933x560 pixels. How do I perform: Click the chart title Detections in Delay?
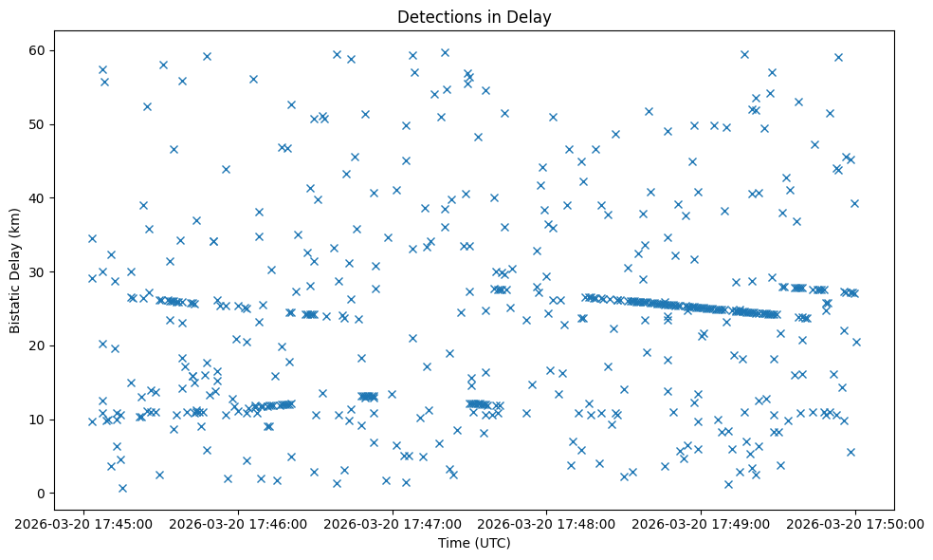[474, 16]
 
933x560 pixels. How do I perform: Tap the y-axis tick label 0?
[41, 494]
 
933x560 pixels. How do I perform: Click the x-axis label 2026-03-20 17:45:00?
[84, 523]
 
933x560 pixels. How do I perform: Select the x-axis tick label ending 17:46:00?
[238, 523]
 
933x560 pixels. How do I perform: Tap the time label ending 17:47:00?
[393, 523]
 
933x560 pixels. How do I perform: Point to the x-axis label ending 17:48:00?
[547, 523]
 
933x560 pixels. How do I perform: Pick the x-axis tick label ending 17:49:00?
[702, 523]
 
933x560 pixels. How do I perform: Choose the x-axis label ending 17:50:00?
[855, 523]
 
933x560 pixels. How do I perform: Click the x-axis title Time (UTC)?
[474, 543]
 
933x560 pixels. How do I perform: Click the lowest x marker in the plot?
[122, 488]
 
